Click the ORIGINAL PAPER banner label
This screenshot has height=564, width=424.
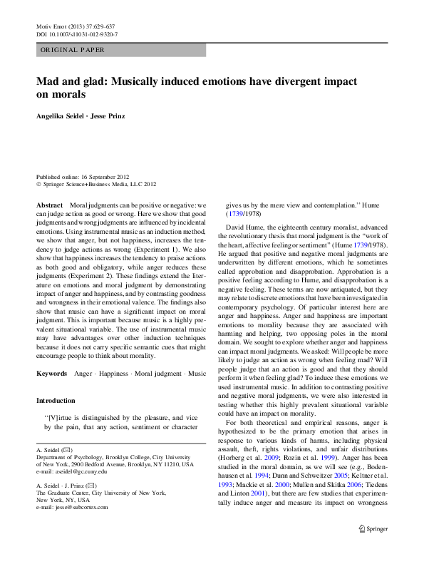[x=72, y=50]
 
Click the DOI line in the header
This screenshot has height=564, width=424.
[x=77, y=34]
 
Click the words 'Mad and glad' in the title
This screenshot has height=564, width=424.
[x=71, y=82]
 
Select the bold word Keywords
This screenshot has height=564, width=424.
[x=51, y=374]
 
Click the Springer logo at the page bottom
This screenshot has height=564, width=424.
[x=373, y=548]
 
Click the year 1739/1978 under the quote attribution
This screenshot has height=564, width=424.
[x=245, y=213]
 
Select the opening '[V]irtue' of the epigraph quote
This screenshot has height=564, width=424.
[x=62, y=417]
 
